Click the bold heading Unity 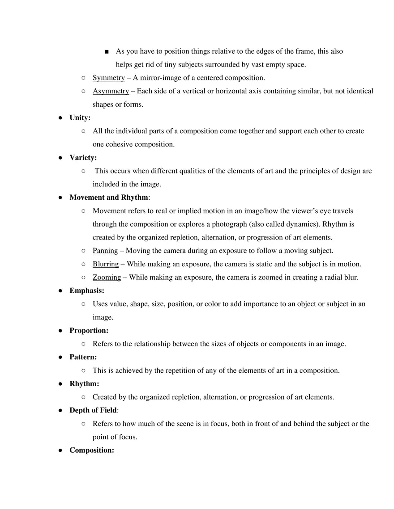click(x=80, y=118)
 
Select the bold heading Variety click(x=83, y=158)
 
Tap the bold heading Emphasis click(x=86, y=291)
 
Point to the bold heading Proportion click(x=89, y=331)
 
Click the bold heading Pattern click(x=83, y=358)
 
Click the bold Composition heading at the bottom click(x=91, y=450)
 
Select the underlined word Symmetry click(x=108, y=78)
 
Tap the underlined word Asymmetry click(x=111, y=91)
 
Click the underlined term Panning click(x=105, y=251)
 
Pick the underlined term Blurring click(x=106, y=264)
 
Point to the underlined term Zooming click(x=107, y=278)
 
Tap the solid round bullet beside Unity click(x=60, y=118)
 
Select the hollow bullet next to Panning click(x=83, y=251)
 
